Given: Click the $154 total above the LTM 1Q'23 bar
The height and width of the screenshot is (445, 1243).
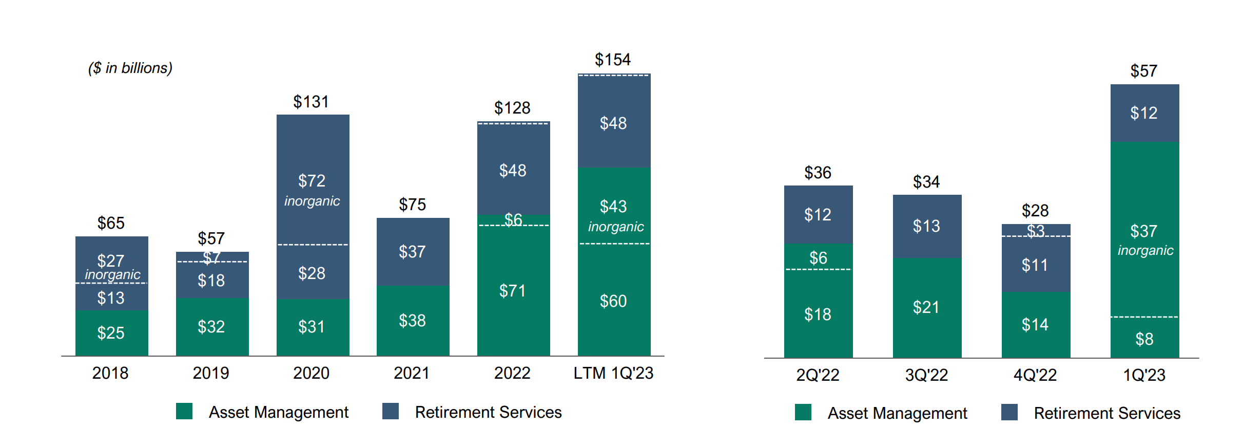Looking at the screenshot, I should tap(612, 60).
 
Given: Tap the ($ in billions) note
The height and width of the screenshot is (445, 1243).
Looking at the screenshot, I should tap(130, 68).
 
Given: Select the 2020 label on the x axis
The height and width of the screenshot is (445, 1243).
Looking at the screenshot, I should tap(311, 373).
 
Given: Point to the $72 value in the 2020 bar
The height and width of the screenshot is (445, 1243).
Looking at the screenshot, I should tap(312, 181).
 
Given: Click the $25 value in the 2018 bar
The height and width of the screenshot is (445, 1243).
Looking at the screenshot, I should tap(111, 333).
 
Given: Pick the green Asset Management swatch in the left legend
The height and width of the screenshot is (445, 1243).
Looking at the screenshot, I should tap(184, 411).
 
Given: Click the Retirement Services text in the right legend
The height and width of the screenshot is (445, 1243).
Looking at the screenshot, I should tap(1106, 413).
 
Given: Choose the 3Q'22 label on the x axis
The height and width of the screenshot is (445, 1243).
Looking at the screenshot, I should tap(926, 375).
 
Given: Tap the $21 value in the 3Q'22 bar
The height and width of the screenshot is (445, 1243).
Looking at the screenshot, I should tap(926, 307).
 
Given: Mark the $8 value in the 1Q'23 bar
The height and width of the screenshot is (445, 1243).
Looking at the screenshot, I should tap(1144, 339).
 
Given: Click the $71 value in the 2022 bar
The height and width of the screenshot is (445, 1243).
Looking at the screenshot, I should tap(513, 291).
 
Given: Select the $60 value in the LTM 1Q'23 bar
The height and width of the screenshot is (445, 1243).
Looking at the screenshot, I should tap(613, 301).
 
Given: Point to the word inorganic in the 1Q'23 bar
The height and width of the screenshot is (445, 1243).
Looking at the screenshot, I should tap(1145, 250).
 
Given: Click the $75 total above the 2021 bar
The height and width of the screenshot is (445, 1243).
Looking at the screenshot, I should tap(412, 205).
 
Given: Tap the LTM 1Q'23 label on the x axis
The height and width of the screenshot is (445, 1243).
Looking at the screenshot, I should tap(613, 373).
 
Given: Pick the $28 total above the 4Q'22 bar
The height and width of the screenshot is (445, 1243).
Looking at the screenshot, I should tap(1035, 211).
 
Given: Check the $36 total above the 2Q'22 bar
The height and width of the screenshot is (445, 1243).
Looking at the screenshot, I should tap(818, 173).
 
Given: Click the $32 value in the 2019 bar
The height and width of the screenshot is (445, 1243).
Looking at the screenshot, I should tap(211, 327).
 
